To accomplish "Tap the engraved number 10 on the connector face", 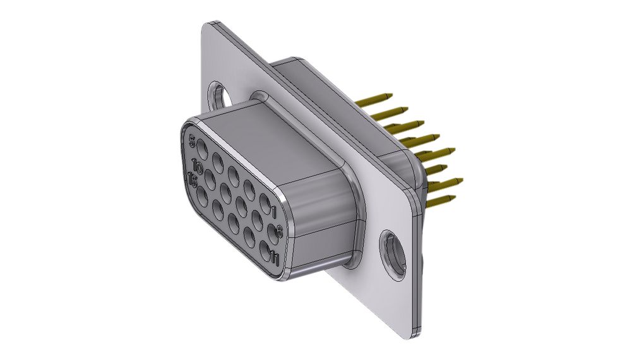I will click(197, 167).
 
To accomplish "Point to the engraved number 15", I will click(193, 182).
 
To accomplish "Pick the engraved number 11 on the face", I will click(275, 257).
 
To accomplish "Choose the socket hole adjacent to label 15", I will click(202, 196).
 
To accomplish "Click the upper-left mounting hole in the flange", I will click(220, 95).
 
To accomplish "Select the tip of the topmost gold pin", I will click(389, 96).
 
